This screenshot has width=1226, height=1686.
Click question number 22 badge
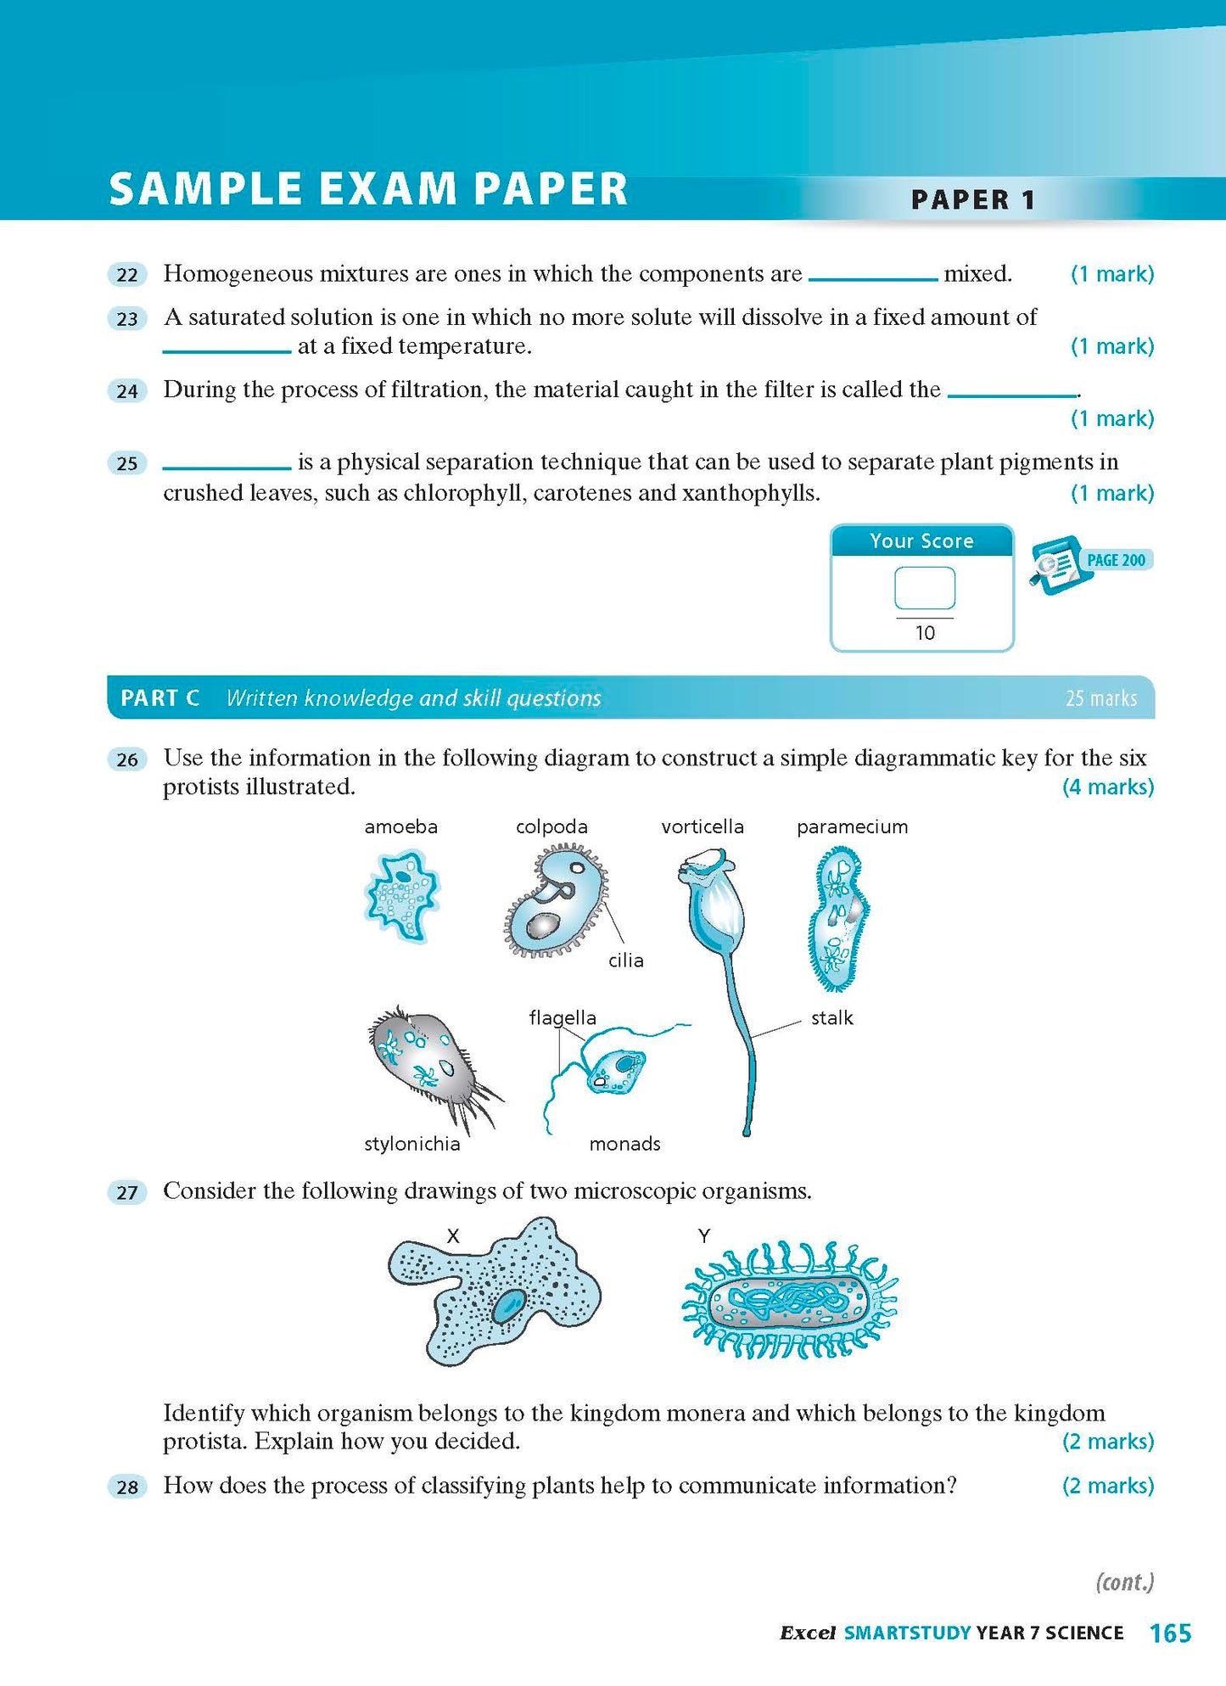pos(127,275)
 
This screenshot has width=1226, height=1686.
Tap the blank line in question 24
pos(1011,395)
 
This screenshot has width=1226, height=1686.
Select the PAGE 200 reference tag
pos(1115,560)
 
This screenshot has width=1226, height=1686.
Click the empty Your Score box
pos(924,588)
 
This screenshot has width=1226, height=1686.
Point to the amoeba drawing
pos(400,896)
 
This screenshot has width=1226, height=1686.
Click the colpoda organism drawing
pos(556,904)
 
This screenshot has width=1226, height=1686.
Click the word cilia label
pos(626,961)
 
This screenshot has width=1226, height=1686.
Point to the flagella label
pos(562,1017)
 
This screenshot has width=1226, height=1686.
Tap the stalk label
pos(831,1018)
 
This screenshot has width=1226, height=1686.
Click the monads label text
pos(624,1144)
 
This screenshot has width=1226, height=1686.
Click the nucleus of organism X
pos(511,1304)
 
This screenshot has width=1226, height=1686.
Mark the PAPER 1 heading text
pos(972,200)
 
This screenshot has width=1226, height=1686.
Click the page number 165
pos(1170,1633)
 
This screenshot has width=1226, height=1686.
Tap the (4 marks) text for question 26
pos(1108,787)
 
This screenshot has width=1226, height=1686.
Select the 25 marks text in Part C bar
pos(1100,698)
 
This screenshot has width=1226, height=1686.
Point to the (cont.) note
pos(1125,1582)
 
